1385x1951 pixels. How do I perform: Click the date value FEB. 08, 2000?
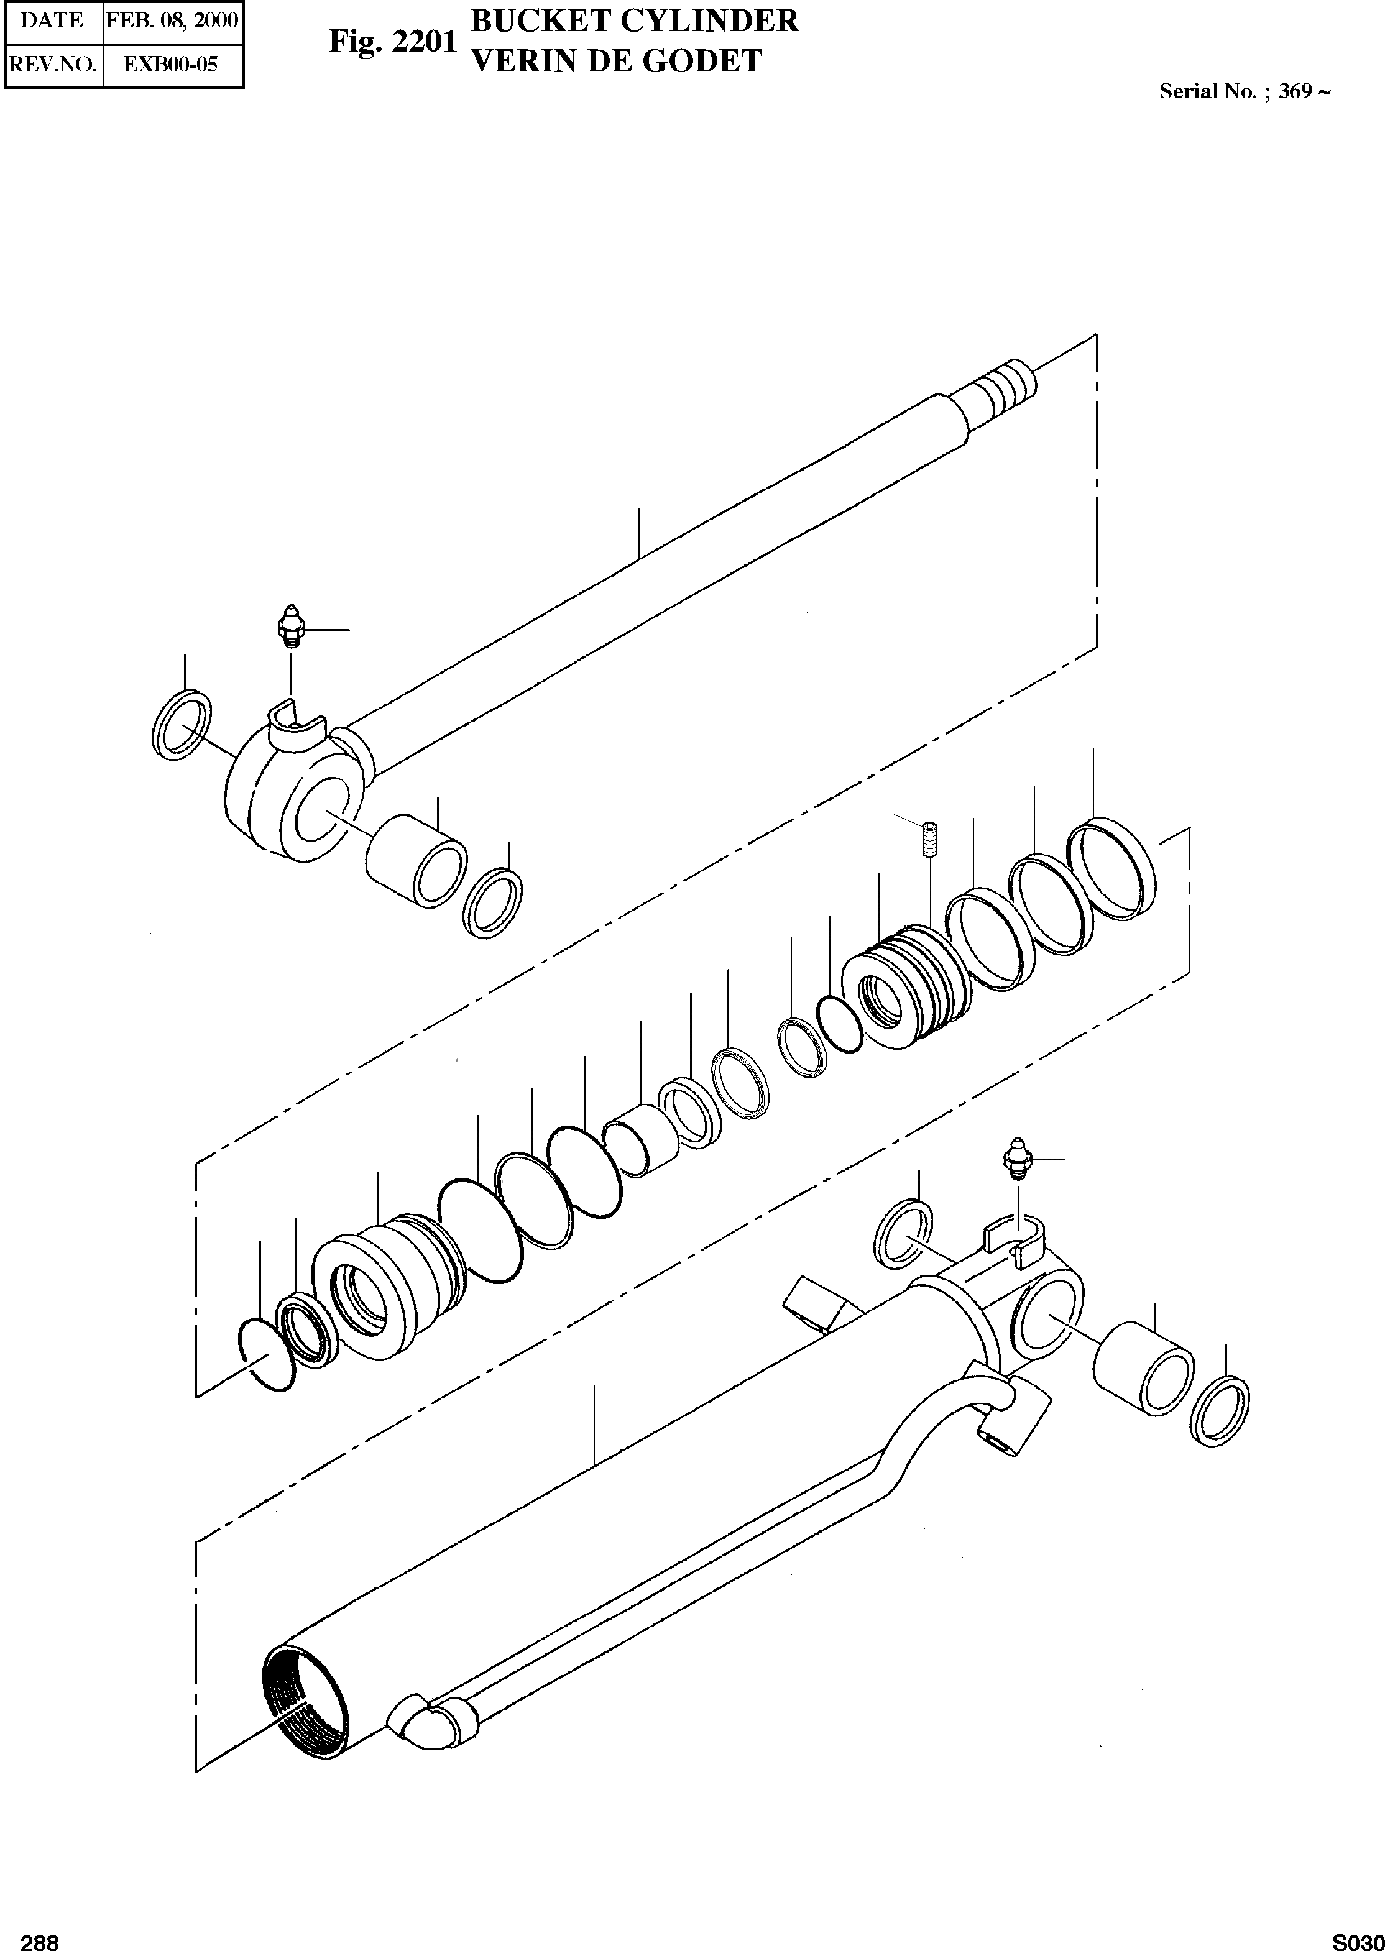click(172, 21)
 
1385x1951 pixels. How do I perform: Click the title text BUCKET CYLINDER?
click(635, 21)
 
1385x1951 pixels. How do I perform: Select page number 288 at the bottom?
click(39, 1937)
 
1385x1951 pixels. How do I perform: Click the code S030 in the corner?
click(1358, 1937)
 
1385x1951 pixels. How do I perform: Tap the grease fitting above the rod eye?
click(292, 628)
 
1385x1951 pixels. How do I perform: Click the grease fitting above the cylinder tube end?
click(1016, 1158)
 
